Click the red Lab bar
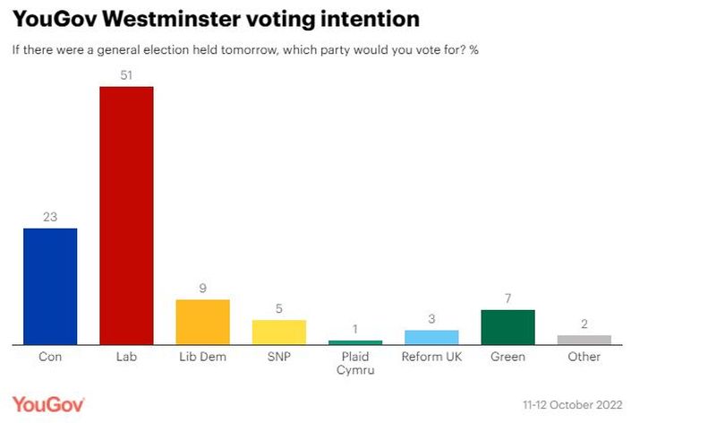point(126,215)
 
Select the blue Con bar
point(50,286)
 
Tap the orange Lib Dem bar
point(202,322)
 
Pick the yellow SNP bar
point(279,332)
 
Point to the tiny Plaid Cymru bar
point(355,342)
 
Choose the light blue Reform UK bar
point(431,337)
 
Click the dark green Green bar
point(507,327)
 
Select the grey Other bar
point(584,340)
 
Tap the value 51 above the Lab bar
point(126,75)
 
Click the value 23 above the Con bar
point(50,217)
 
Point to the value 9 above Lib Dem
point(202,289)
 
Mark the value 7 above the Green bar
point(507,298)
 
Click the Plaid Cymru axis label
point(355,364)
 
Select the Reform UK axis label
point(431,357)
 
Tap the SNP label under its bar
point(279,357)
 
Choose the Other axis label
point(584,357)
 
